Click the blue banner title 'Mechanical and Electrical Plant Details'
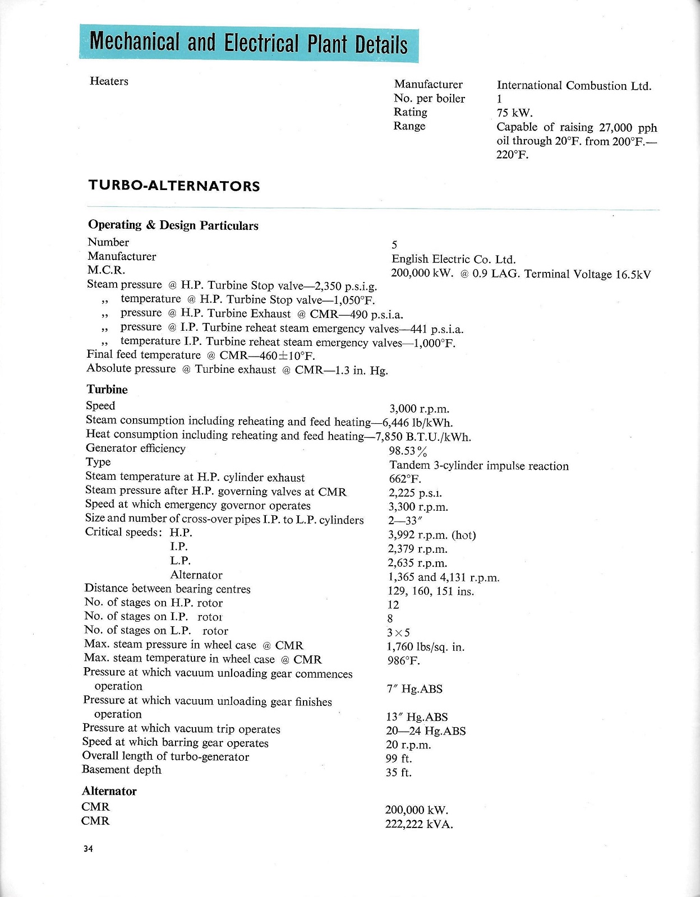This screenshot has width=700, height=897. tap(248, 43)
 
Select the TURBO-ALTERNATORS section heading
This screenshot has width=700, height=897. tap(174, 186)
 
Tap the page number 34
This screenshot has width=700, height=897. tap(88, 849)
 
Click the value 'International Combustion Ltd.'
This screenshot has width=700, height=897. tap(574, 86)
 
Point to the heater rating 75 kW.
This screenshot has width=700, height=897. tap(514, 113)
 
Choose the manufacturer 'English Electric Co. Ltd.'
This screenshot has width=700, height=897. tap(453, 259)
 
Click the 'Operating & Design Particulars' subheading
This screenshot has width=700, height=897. tap(173, 225)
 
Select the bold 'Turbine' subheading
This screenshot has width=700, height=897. tap(107, 390)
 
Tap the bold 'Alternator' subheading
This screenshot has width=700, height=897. tap(109, 791)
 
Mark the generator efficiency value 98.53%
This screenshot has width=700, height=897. tap(408, 451)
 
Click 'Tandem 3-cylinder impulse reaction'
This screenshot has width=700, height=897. tap(479, 466)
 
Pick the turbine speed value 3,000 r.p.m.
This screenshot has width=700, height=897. tap(419, 409)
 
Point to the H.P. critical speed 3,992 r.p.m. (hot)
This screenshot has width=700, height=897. tap(432, 535)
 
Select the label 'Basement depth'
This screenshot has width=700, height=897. tap(122, 770)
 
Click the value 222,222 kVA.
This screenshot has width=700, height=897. tap(418, 824)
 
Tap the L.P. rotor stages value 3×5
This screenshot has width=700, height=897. tap(398, 633)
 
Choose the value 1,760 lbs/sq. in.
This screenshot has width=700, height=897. tap(426, 647)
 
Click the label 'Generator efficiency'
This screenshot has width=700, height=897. tap(135, 449)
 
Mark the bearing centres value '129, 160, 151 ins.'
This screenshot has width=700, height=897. tap(431, 591)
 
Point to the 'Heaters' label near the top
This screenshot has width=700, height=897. tap(109, 81)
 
